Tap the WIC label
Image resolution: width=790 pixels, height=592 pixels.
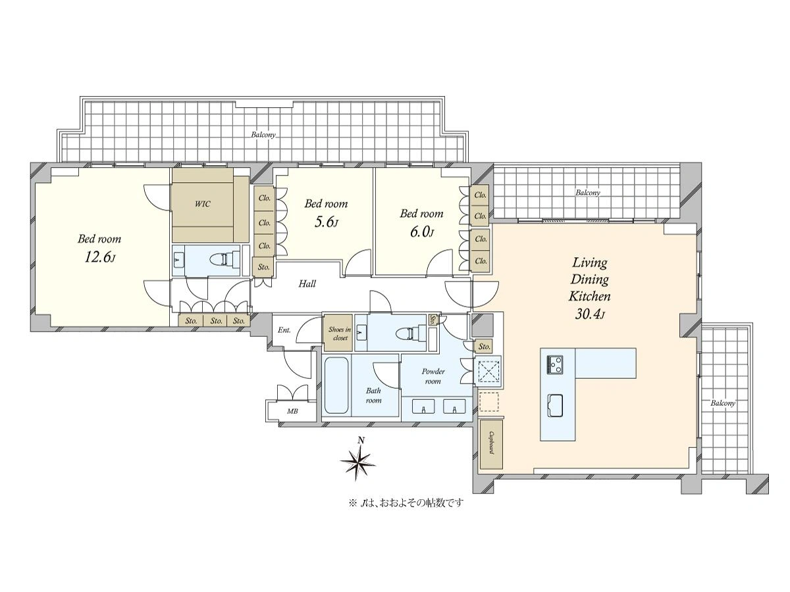pyautogui.click(x=202, y=204)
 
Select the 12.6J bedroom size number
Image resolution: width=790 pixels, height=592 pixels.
pyautogui.click(x=99, y=257)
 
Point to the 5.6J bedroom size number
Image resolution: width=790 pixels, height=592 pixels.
pyautogui.click(x=326, y=222)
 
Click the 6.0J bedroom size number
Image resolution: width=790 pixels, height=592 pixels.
pyautogui.click(x=421, y=232)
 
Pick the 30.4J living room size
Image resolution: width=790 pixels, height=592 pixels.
pyautogui.click(x=589, y=314)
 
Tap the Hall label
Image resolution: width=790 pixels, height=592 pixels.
pyautogui.click(x=307, y=284)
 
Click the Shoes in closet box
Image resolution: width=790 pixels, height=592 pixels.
pyautogui.click(x=338, y=333)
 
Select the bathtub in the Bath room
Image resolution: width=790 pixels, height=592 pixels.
pyautogui.click(x=336, y=385)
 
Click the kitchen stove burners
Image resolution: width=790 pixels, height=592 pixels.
pyautogui.click(x=555, y=365)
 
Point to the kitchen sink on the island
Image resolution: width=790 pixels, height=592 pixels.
pyautogui.click(x=556, y=405)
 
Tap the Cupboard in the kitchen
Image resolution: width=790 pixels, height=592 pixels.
pyautogui.click(x=491, y=445)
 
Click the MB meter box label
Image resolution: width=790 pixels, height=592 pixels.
pyautogui.click(x=292, y=411)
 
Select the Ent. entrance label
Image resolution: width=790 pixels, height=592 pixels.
pyautogui.click(x=284, y=330)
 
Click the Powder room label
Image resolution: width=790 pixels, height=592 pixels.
pyautogui.click(x=433, y=376)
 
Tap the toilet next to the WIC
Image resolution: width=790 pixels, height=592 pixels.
pyautogui.click(x=226, y=260)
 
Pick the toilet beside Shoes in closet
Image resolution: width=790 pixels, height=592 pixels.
pyautogui.click(x=410, y=332)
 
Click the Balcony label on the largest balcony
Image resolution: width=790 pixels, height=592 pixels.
pyautogui.click(x=263, y=135)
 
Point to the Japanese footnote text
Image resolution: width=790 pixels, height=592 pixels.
pyautogui.click(x=406, y=503)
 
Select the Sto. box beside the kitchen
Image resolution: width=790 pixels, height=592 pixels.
pyautogui.click(x=484, y=347)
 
